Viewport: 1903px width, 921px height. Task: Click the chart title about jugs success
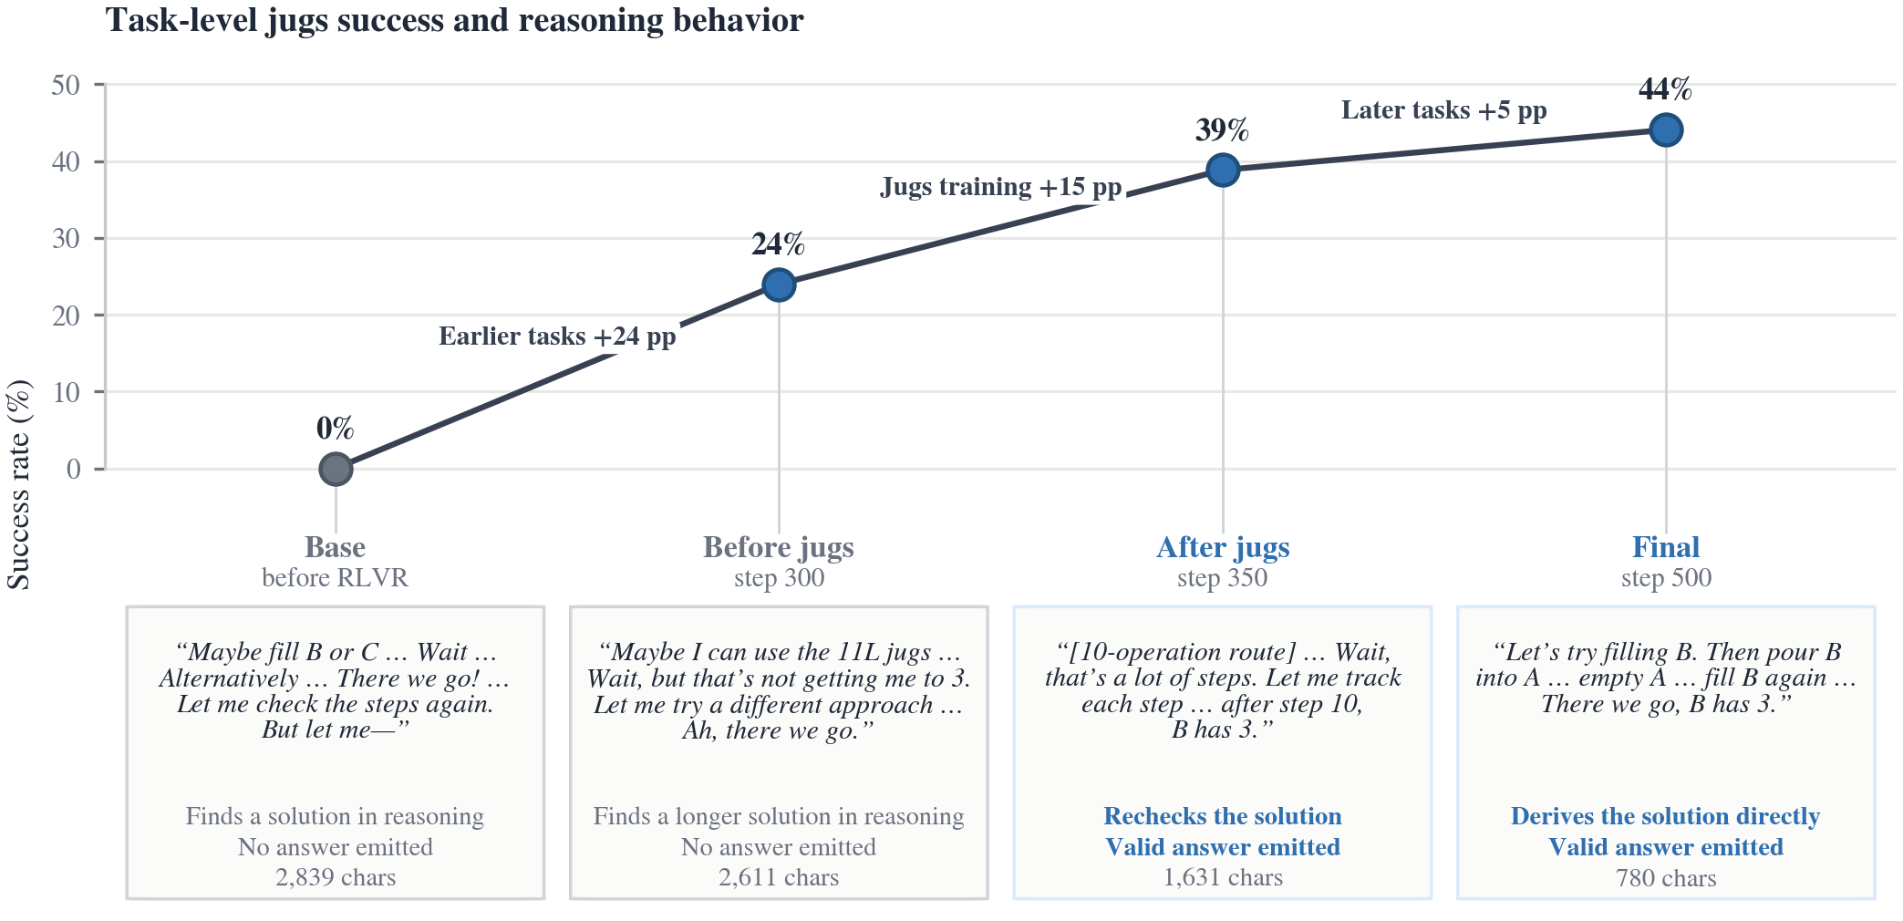(x=454, y=20)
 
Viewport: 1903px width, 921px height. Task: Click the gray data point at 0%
(x=336, y=469)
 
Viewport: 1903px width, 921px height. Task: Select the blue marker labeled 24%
(x=779, y=285)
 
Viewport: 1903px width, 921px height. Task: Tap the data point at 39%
(x=1223, y=170)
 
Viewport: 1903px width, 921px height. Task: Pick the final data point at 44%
(x=1666, y=130)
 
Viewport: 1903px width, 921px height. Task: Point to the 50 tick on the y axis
(x=66, y=85)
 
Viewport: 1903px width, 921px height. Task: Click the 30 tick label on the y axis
(x=66, y=239)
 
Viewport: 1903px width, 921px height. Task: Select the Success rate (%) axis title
(x=19, y=484)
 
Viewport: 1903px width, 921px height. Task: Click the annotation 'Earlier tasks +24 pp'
(x=557, y=336)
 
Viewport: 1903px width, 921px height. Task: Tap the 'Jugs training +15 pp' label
(x=1000, y=187)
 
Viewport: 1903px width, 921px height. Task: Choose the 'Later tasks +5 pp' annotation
(x=1443, y=110)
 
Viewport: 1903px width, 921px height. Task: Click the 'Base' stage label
(x=336, y=547)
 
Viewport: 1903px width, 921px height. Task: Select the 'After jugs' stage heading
(x=1223, y=547)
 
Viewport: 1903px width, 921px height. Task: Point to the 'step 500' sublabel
(x=1666, y=578)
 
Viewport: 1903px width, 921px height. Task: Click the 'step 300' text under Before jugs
(x=779, y=578)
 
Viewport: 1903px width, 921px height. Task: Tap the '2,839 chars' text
(x=336, y=877)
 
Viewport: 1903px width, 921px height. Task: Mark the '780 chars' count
(x=1666, y=878)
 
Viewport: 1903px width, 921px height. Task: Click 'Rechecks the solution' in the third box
(x=1223, y=816)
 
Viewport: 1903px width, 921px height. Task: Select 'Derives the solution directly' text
(x=1666, y=816)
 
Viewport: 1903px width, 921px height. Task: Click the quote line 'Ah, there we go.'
(x=779, y=730)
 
